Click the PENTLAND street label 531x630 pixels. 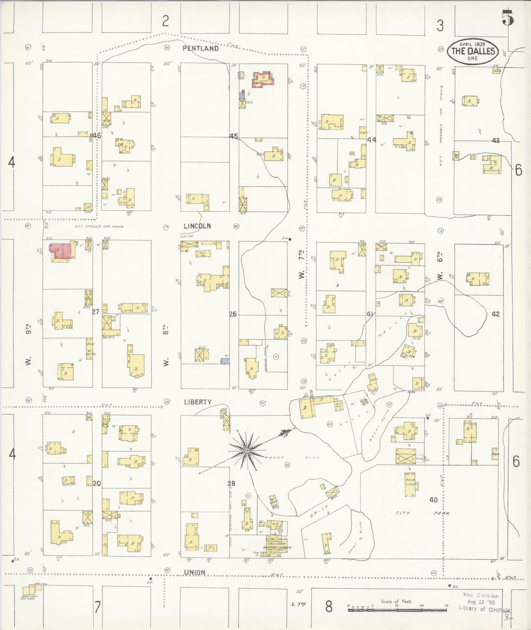(200, 48)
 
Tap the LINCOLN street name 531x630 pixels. (197, 226)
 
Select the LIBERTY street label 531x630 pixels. (198, 402)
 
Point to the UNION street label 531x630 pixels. (195, 572)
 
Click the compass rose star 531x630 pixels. (246, 450)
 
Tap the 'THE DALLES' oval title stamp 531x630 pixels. (473, 51)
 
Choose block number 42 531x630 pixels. (495, 314)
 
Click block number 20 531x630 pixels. (96, 483)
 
